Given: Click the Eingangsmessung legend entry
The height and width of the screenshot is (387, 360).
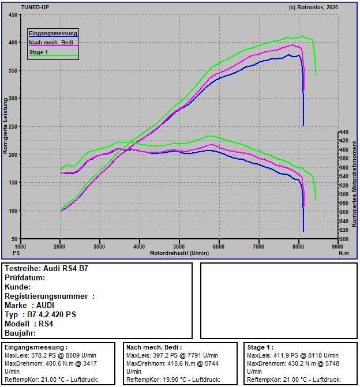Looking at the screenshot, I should coord(52,33).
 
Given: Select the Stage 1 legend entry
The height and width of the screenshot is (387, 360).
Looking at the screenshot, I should coord(39,52).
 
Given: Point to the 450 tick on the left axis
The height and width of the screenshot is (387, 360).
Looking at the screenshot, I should coord(13,15).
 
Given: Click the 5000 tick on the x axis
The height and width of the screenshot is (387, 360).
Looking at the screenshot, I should coord(179,246).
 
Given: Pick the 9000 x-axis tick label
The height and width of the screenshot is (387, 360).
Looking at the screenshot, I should coord(337,246).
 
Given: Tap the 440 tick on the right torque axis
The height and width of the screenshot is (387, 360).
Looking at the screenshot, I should coord(344,132).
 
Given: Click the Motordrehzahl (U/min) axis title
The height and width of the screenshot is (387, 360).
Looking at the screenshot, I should coord(179,253).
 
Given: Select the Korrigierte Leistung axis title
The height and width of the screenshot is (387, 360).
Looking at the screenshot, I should coord(5,126).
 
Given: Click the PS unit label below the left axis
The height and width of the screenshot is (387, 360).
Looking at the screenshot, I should coord(16,253).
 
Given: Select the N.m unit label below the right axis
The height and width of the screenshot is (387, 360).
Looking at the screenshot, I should coord(344,253).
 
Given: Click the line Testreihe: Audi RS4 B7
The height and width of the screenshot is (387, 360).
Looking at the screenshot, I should coord(46,269).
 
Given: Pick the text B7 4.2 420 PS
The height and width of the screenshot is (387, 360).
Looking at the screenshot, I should coord(51,315).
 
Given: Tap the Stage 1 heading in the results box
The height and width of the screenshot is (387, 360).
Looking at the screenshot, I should coord(260,348).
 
